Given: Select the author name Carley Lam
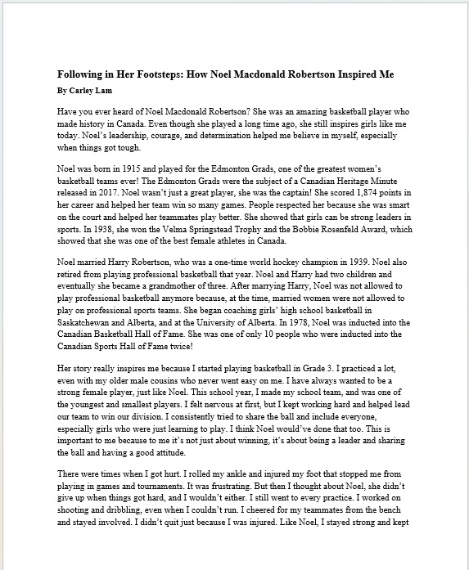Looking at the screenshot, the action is pos(92,88).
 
